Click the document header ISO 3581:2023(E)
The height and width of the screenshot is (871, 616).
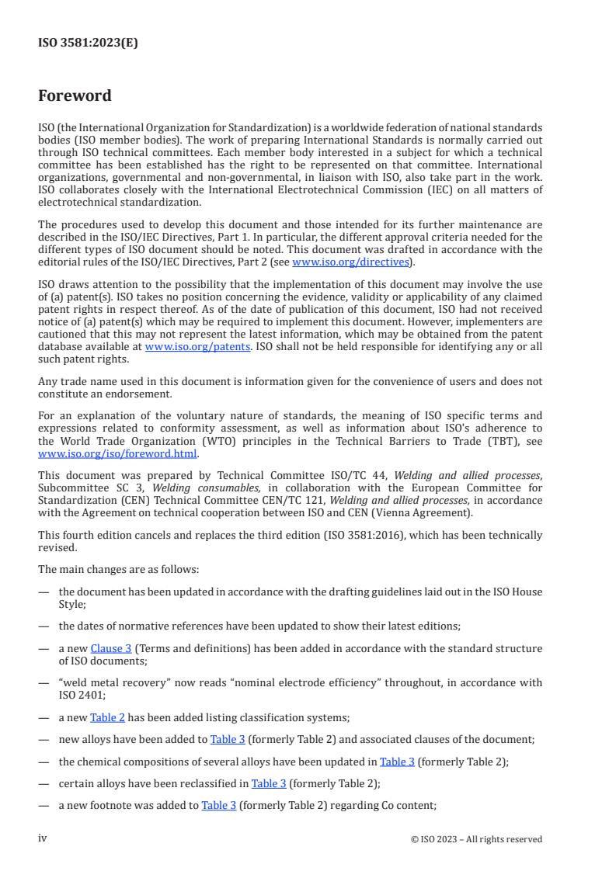coord(88,43)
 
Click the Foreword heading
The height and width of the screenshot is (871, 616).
coord(75,96)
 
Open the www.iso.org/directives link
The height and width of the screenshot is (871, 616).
coord(350,262)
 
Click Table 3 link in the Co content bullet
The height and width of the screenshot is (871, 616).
coord(218,806)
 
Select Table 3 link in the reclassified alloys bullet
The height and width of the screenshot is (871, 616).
coord(269,783)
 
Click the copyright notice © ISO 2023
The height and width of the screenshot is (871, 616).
coord(476,839)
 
